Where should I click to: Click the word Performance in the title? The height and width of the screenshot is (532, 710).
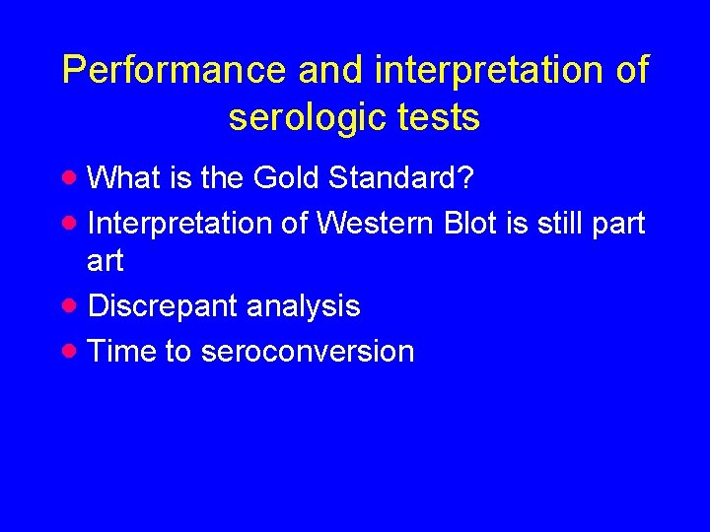pos(174,71)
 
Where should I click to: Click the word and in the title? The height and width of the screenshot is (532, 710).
pos(331,71)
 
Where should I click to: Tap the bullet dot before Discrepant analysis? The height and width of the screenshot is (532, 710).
pos(68,305)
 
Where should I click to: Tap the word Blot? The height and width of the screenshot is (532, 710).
pos(471,224)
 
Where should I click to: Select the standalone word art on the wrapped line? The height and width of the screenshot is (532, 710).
pos(106,262)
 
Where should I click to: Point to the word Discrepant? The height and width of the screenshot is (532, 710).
pos(163,307)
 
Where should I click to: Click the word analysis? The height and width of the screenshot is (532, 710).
pos(303,307)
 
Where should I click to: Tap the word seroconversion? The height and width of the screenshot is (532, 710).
pos(307,352)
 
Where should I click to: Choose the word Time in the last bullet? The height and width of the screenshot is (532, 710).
pos(122,352)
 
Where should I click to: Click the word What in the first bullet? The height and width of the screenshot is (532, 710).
pos(123,178)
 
